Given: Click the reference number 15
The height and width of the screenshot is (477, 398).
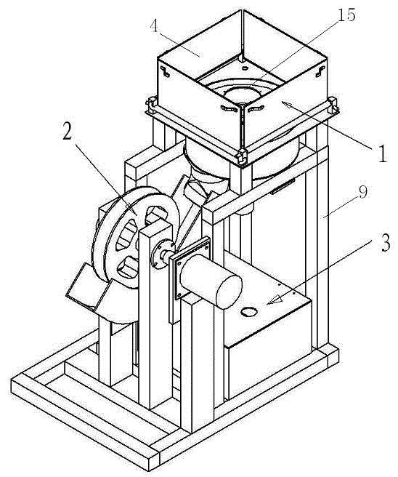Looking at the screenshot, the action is [x=346, y=15].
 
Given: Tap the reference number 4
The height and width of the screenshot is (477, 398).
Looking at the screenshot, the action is [x=154, y=26].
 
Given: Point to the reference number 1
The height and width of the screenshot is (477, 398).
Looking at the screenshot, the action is [x=382, y=153].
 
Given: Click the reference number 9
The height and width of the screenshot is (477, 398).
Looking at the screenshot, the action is [x=362, y=193].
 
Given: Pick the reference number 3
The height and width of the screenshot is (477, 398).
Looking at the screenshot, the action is [x=385, y=243].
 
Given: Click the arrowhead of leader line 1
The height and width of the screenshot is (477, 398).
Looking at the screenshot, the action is [x=287, y=106].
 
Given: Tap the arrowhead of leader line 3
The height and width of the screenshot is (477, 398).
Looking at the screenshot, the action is [x=275, y=300].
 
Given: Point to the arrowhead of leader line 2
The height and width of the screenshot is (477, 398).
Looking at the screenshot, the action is [x=132, y=209].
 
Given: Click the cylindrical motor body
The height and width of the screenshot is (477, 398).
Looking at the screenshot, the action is [x=211, y=281].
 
